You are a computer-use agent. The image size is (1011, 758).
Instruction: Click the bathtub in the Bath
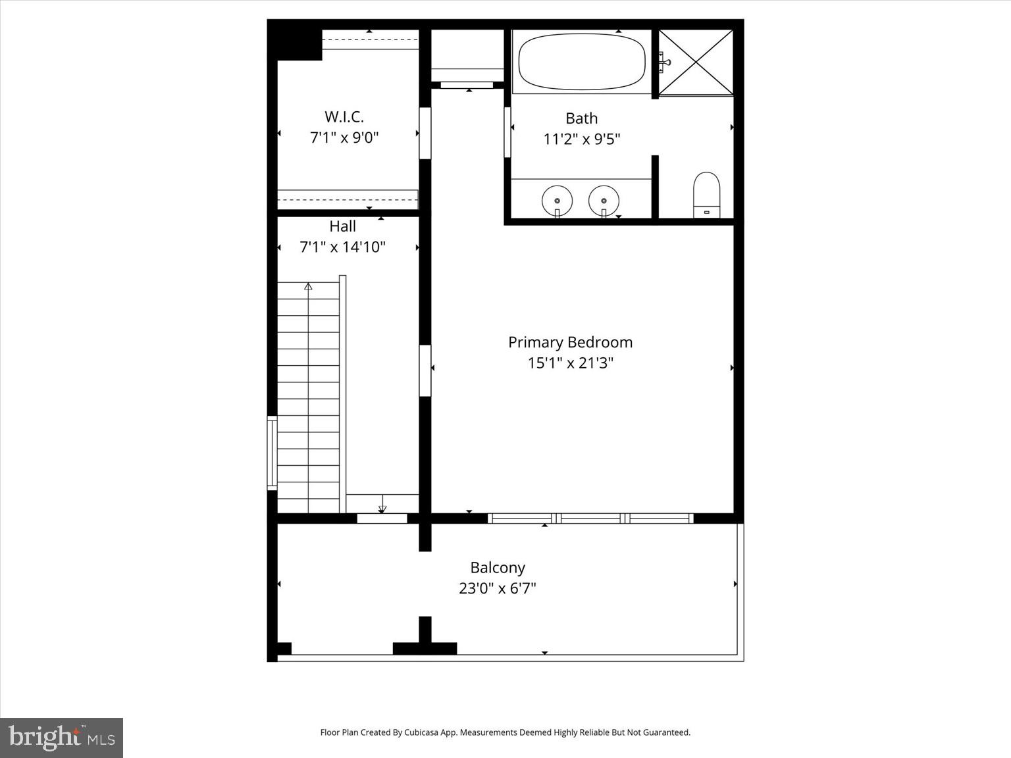pyautogui.click(x=582, y=61)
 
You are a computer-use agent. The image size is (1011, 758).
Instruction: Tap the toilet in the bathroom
pyautogui.click(x=706, y=195)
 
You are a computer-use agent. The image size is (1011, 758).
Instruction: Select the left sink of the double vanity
pyautogui.click(x=557, y=199)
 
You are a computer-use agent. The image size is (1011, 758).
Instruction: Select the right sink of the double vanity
pyautogui.click(x=604, y=199)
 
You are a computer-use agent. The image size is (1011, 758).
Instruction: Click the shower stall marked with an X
pyautogui.click(x=696, y=63)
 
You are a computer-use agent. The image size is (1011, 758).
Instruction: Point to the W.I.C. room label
pyautogui.click(x=344, y=117)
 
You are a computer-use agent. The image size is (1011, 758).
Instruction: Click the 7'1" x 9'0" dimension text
pyautogui.click(x=344, y=138)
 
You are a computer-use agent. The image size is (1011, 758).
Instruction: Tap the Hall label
pyautogui.click(x=342, y=226)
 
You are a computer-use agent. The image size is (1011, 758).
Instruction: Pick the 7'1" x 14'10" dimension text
pyautogui.click(x=342, y=247)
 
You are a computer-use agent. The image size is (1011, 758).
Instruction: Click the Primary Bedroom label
pyautogui.click(x=570, y=342)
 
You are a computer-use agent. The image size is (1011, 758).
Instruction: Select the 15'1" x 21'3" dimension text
pyautogui.click(x=570, y=363)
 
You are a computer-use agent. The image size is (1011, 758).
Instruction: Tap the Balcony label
pyautogui.click(x=498, y=568)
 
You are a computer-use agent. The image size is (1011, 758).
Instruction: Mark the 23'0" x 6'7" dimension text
pyautogui.click(x=498, y=588)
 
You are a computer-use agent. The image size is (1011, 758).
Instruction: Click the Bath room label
pyautogui.click(x=582, y=118)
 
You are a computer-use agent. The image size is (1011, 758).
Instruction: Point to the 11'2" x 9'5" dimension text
pyautogui.click(x=582, y=139)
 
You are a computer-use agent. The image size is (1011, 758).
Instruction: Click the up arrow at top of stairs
pyautogui.click(x=308, y=287)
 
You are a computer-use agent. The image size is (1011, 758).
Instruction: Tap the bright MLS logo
pyautogui.click(x=61, y=738)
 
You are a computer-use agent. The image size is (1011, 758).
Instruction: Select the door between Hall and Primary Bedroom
pyautogui.click(x=425, y=370)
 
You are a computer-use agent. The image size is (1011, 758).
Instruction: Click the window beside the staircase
pyautogui.click(x=271, y=453)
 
